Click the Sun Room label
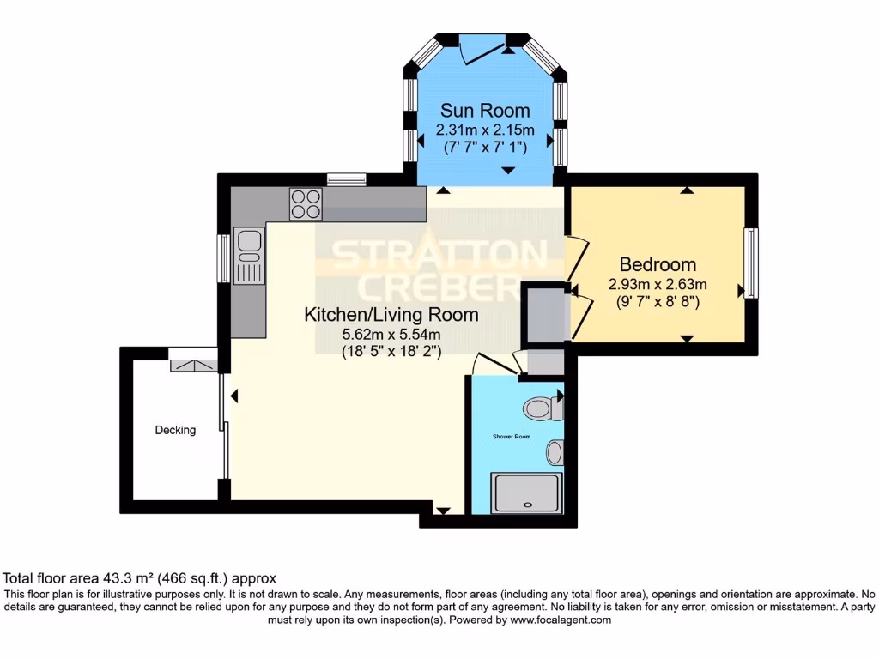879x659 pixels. click(485, 111)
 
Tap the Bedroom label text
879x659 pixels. click(658, 264)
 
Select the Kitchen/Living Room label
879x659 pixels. click(391, 315)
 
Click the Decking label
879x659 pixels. click(175, 430)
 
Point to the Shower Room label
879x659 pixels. click(511, 437)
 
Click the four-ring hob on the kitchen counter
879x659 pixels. click(306, 203)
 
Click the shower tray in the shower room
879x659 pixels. click(525, 493)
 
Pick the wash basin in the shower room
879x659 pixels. click(555, 450)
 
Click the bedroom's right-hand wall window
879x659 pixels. click(750, 263)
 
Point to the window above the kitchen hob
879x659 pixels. click(347, 179)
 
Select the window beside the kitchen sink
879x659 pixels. click(223, 258)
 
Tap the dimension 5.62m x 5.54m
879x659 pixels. click(391, 334)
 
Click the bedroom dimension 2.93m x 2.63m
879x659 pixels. click(658, 284)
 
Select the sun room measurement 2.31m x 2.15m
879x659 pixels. click(485, 130)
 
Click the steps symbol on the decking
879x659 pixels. click(191, 366)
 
